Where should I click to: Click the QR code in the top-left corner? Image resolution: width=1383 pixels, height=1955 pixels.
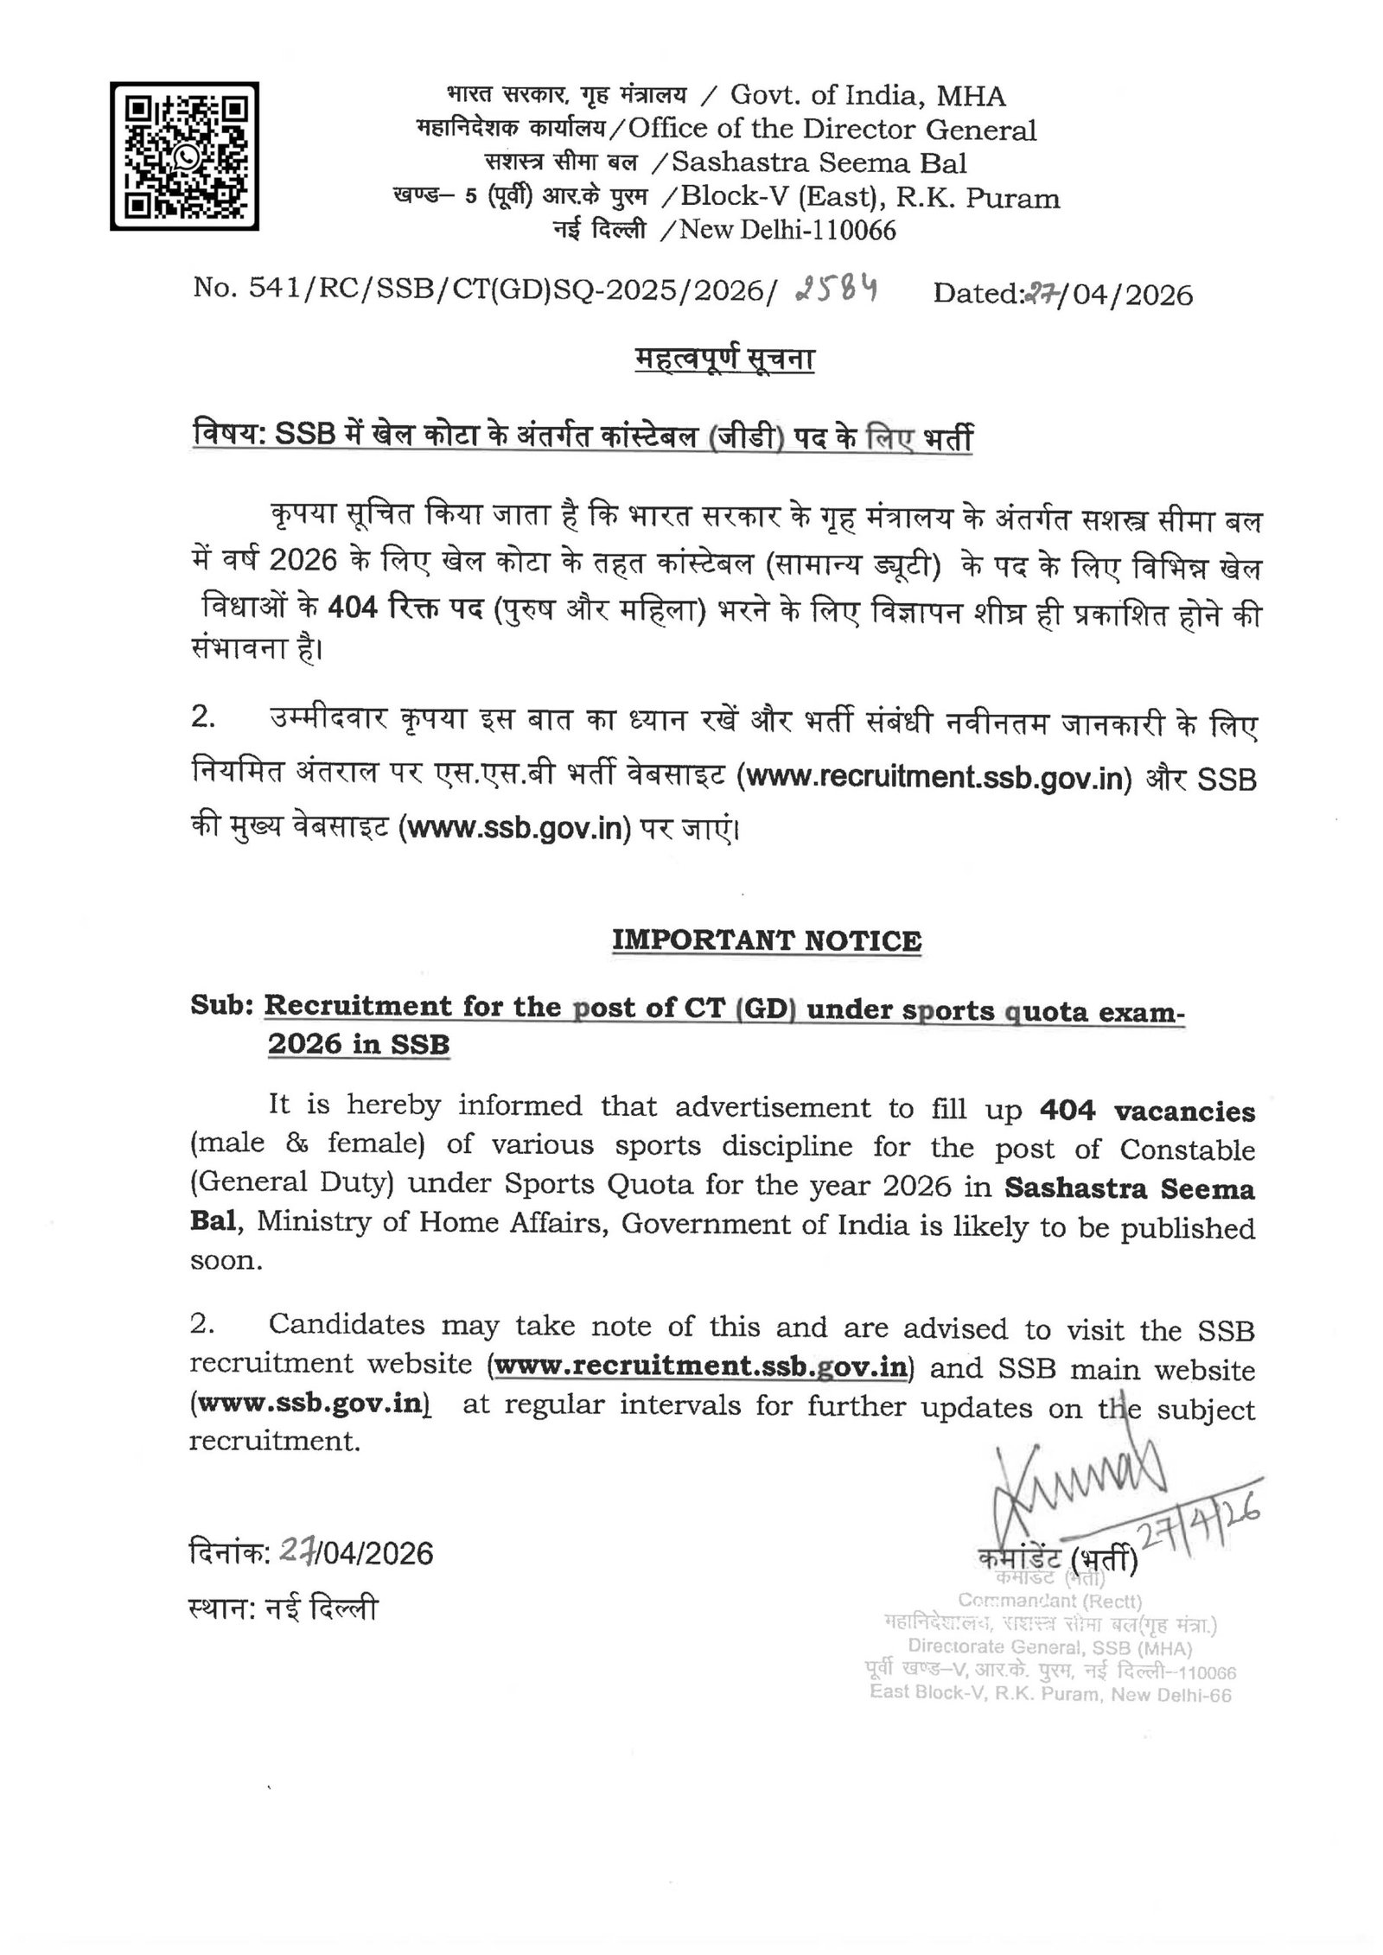tap(184, 156)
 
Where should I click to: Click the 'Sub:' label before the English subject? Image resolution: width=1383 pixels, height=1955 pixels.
tap(221, 1007)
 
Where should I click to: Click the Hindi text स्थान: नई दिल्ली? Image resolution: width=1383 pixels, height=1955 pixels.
tap(283, 1609)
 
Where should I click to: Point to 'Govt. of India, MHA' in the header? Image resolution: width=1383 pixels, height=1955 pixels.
tap(868, 96)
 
